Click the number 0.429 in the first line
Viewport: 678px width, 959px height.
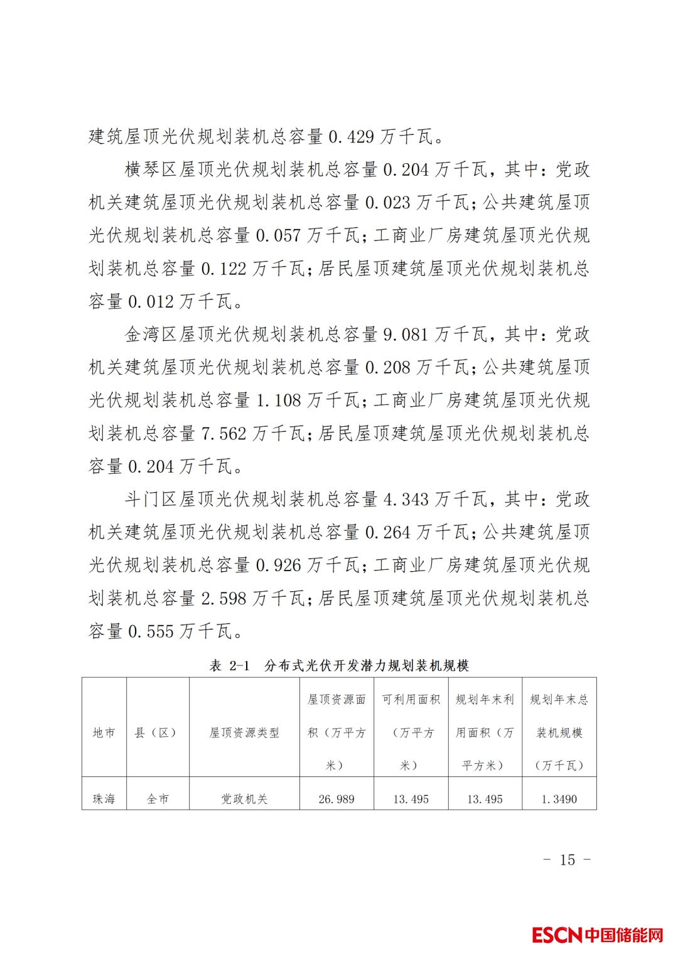pyautogui.click(x=351, y=136)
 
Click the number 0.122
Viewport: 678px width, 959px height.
pyautogui.click(x=223, y=269)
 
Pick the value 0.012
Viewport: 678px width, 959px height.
pyautogui.click(x=151, y=302)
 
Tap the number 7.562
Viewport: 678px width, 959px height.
pyautogui.click(x=223, y=434)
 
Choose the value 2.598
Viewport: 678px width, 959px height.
pyautogui.click(x=223, y=598)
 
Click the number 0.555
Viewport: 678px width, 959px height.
pyautogui.click(x=151, y=631)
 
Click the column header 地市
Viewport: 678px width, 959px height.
pyautogui.click(x=104, y=732)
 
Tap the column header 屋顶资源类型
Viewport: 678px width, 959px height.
pyautogui.click(x=244, y=732)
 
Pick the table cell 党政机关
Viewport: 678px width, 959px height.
pyautogui.click(x=244, y=799)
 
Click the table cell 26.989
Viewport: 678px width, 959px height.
pyautogui.click(x=336, y=799)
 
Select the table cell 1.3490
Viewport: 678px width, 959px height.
pyautogui.click(x=559, y=799)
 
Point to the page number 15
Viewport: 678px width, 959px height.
pyautogui.click(x=568, y=860)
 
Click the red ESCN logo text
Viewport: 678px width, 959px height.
pyautogui.click(x=557, y=935)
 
